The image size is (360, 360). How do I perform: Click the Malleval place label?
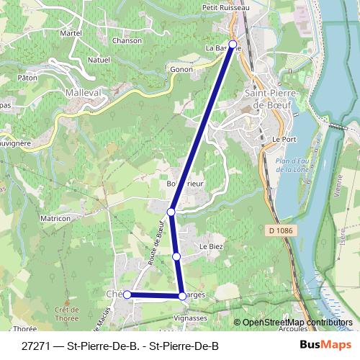tap(85, 92)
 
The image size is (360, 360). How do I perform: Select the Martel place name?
tap(71, 33)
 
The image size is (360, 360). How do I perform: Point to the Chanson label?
tap(127, 40)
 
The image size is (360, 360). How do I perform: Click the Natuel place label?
tap(98, 60)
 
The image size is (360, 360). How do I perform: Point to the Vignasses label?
tap(200, 318)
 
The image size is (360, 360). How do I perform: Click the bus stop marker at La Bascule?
tap(233, 43)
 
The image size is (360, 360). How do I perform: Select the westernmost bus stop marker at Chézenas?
tap(127, 294)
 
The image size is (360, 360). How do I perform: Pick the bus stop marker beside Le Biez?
tap(176, 256)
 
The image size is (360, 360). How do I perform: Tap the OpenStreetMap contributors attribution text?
tap(297, 323)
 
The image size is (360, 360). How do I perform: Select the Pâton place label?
tap(27, 77)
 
